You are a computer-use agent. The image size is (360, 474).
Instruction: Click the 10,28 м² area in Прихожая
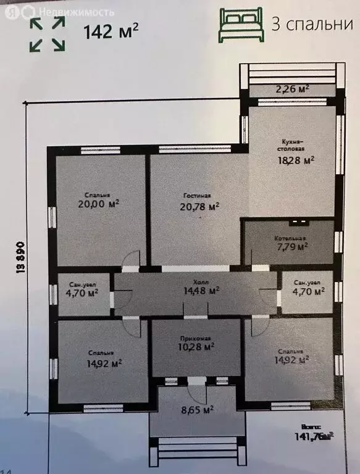[196, 347]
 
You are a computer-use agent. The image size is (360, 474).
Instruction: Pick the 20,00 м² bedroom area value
[98, 204]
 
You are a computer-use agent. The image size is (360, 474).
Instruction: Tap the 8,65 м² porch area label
[196, 409]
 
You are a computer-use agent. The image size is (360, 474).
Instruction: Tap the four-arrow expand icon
[48, 33]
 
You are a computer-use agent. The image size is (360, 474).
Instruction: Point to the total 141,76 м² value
[315, 436]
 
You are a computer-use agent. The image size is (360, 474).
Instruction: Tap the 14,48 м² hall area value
[196, 289]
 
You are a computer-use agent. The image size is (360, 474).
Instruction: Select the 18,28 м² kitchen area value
[295, 160]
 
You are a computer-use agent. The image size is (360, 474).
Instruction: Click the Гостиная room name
[197, 196]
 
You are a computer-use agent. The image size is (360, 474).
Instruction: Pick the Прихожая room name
[196, 338]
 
